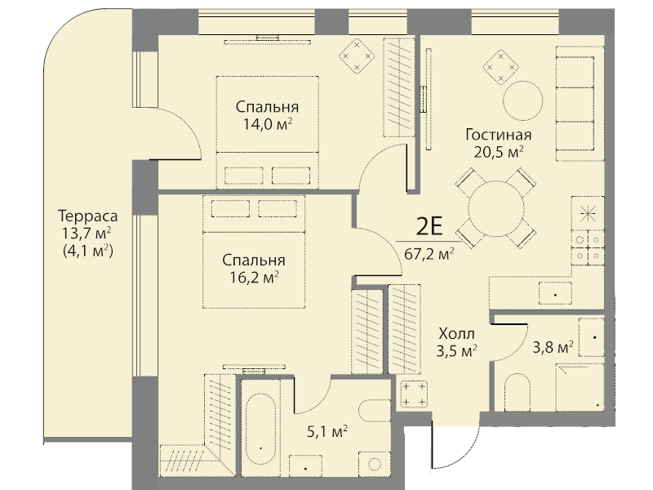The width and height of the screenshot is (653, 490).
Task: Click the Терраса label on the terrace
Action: [x=88, y=216]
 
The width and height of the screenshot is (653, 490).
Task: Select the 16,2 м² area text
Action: [x=254, y=277]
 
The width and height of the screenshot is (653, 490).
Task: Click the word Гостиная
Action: [x=499, y=135]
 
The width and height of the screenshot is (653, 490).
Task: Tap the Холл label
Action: [x=456, y=334]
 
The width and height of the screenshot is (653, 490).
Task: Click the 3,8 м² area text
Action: [x=553, y=346]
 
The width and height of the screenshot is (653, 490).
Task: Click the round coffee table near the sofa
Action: [x=522, y=100]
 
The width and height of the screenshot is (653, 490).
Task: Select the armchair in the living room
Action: [x=499, y=62]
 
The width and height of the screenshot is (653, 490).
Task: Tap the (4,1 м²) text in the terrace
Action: [x=88, y=252]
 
